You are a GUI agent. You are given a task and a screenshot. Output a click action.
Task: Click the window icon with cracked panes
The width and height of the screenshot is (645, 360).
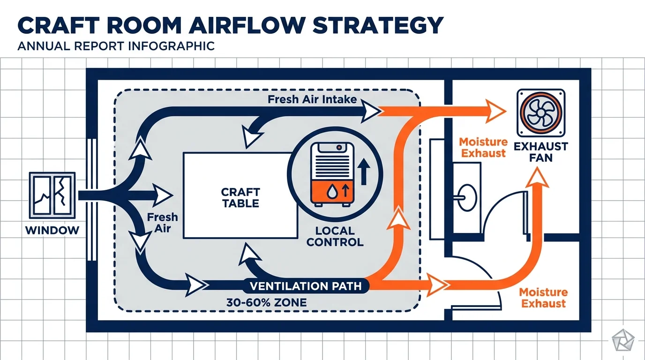tap(52, 195)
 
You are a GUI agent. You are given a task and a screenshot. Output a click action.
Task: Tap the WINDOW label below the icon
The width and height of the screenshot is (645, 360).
tap(52, 230)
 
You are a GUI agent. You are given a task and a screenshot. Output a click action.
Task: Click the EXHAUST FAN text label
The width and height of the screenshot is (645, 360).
tap(540, 152)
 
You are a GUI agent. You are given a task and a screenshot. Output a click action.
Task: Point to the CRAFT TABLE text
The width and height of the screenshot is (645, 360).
tap(240, 198)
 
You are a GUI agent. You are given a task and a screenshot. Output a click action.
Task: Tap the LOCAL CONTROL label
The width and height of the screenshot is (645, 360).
tap(335, 237)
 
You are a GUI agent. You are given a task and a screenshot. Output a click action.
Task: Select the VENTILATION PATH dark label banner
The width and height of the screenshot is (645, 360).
tap(306, 286)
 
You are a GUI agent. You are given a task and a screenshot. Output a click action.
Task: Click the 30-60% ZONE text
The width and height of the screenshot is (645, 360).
tap(266, 302)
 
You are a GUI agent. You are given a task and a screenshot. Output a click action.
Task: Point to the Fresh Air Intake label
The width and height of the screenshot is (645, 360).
tap(312, 99)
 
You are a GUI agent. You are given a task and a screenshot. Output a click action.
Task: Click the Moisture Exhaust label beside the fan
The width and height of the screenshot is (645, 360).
tap(483, 147)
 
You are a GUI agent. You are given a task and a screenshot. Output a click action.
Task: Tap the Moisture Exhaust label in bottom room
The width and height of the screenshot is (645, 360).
tap(543, 298)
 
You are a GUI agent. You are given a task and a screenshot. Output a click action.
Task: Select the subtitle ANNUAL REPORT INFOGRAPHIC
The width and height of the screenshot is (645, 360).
tap(116, 46)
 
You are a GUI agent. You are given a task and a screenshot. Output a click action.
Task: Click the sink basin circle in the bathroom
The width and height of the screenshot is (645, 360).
tap(467, 197)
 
